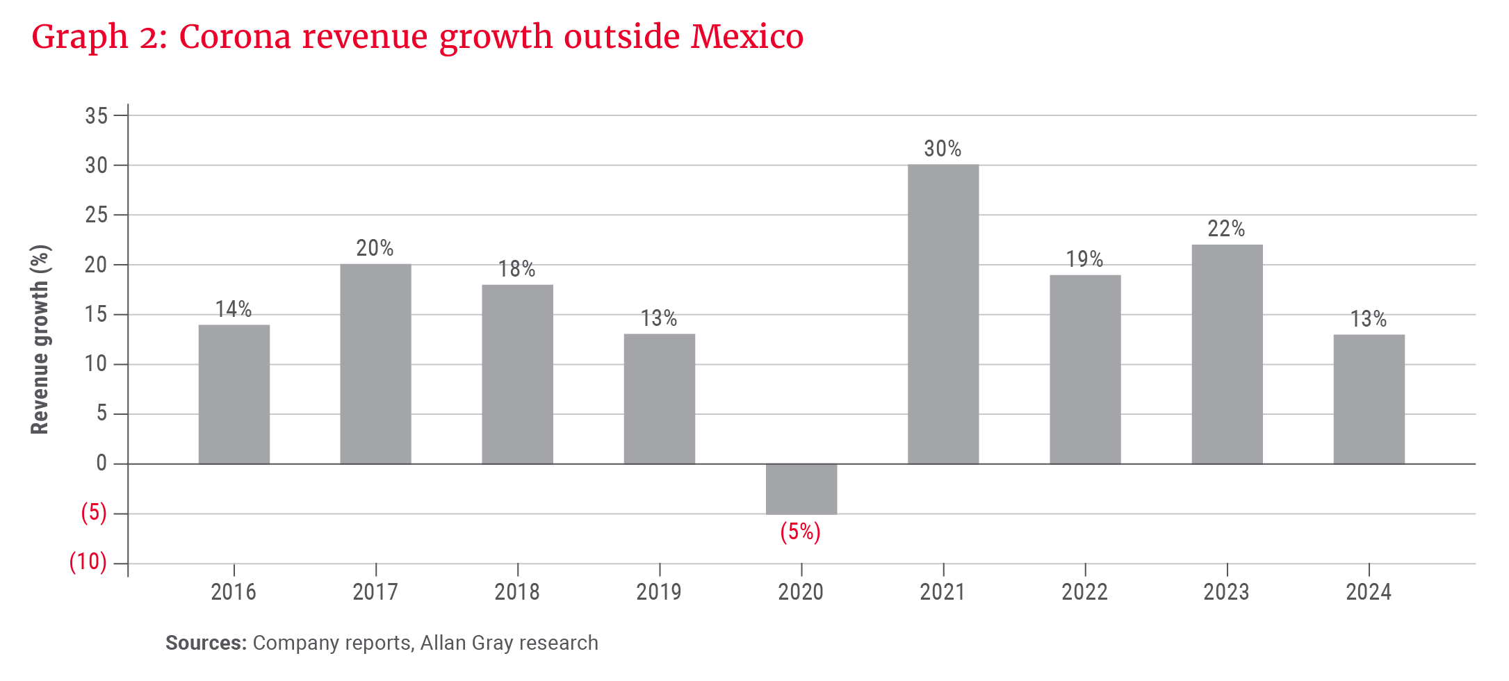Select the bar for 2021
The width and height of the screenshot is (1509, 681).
tap(943, 314)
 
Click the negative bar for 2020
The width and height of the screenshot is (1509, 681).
tap(801, 489)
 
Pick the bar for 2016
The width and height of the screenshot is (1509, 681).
tap(234, 394)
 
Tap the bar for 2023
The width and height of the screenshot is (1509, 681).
tap(1227, 354)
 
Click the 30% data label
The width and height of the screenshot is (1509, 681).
tap(943, 149)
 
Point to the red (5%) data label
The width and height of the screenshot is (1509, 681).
tap(800, 532)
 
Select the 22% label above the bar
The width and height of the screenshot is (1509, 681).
tap(1226, 229)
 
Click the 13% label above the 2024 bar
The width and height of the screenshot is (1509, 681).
tap(1368, 319)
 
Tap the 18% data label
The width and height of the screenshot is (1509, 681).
tap(516, 269)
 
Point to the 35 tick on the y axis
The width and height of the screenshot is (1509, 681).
tap(97, 115)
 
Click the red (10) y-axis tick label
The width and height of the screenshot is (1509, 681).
tap(88, 561)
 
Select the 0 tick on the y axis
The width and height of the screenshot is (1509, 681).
tap(101, 463)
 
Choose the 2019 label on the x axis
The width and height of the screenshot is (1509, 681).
tap(659, 592)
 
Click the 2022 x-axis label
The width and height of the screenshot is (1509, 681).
tap(1084, 592)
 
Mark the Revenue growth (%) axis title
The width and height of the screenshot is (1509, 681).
tap(40, 339)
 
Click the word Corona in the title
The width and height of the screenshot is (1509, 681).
tap(235, 36)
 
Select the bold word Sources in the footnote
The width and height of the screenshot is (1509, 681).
tap(206, 643)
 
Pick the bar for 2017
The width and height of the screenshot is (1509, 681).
tap(376, 363)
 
